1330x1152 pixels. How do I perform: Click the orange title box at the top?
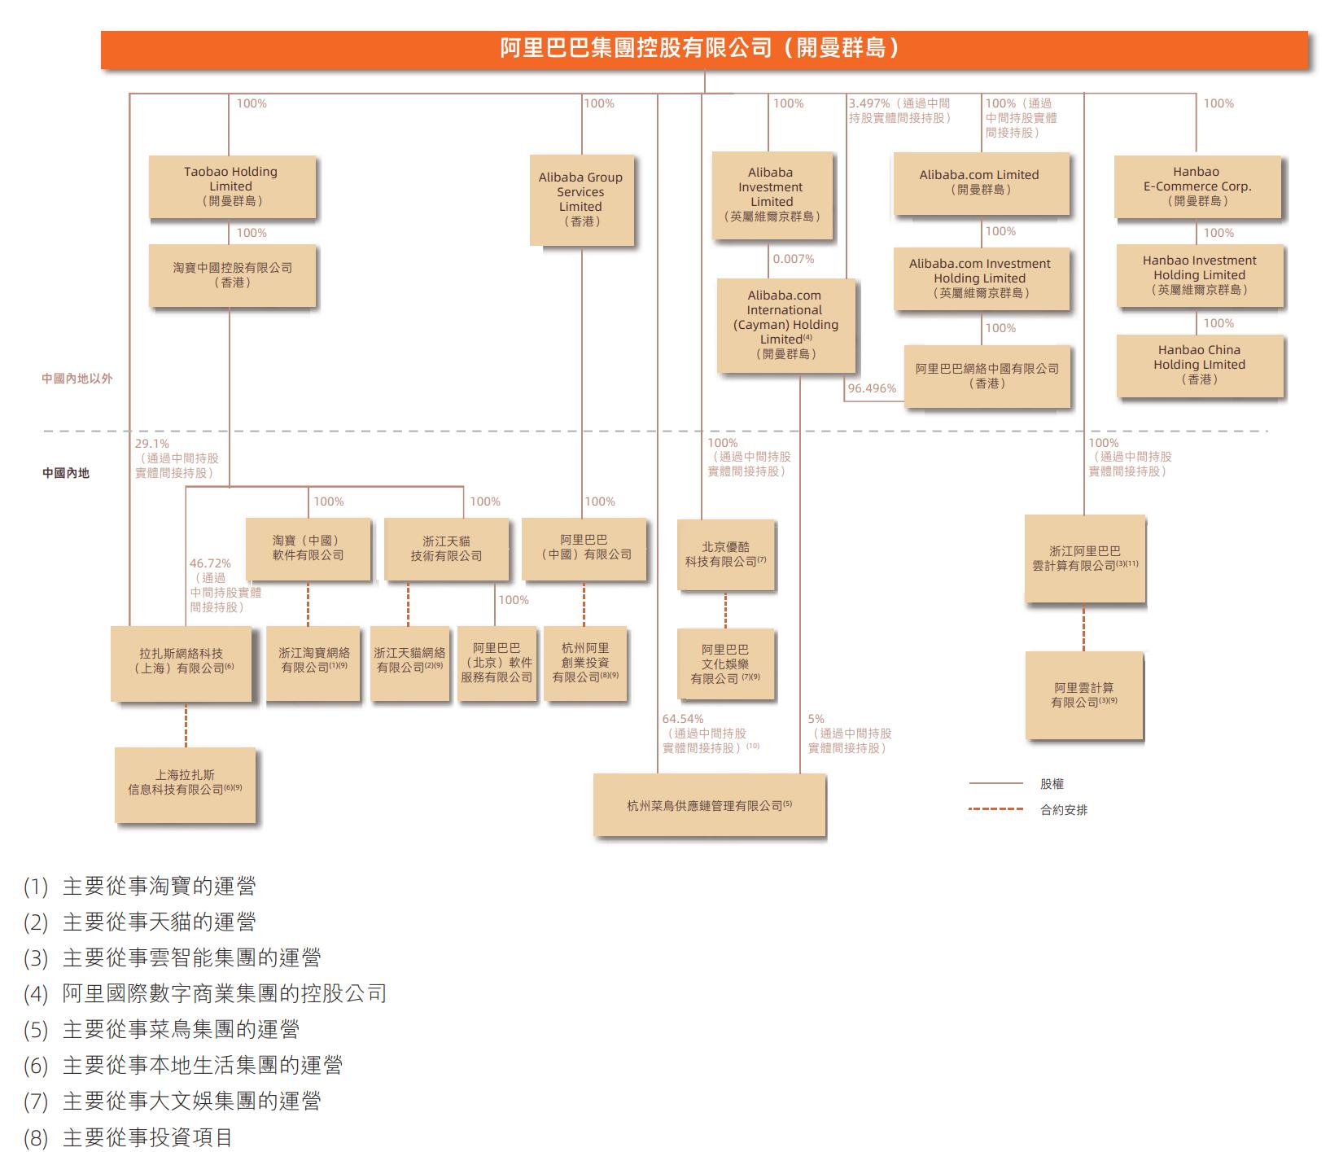[x=704, y=49]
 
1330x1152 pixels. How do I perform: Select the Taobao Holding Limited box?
[x=231, y=186]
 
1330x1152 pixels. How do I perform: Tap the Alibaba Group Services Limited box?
[x=580, y=199]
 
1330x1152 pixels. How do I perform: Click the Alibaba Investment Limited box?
[x=772, y=195]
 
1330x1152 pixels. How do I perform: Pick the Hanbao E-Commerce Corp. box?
[x=1197, y=186]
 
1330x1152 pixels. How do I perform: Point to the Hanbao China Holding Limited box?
[x=1199, y=365]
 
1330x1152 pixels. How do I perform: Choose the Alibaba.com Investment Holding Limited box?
[x=980, y=278]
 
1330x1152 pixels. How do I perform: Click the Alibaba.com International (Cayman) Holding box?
[x=785, y=325]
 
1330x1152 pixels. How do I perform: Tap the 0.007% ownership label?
[x=794, y=259]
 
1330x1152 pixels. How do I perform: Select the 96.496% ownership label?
[x=872, y=388]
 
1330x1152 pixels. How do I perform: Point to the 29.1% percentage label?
[x=152, y=444]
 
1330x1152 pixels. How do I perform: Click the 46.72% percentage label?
[x=210, y=563]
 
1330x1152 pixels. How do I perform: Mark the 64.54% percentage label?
[x=683, y=719]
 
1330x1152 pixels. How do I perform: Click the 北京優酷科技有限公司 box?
[x=725, y=554]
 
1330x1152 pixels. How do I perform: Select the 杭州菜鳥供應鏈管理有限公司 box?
[x=709, y=805]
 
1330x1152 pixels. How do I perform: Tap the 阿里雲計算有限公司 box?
[x=1083, y=695]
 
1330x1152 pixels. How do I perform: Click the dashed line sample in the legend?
[x=995, y=809]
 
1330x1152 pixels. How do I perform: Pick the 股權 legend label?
[x=1052, y=784]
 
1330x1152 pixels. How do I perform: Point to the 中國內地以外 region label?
[x=77, y=379]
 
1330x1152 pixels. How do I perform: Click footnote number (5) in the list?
[x=37, y=1030]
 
